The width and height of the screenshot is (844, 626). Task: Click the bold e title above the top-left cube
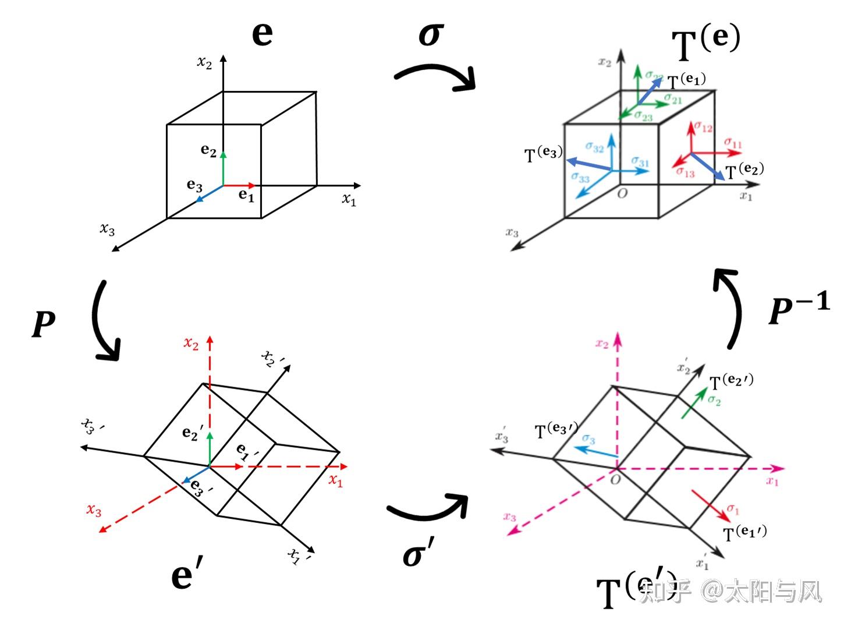point(263,33)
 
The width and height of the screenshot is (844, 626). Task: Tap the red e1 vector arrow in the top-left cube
point(239,186)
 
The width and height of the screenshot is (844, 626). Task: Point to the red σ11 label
point(733,143)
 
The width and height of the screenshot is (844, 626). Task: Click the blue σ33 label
point(580,178)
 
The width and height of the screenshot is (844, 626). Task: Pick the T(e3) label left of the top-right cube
point(543,154)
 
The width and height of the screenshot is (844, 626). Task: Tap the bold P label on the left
point(44,324)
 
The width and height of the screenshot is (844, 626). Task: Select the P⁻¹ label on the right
point(798,309)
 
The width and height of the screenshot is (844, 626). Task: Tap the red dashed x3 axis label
point(94,510)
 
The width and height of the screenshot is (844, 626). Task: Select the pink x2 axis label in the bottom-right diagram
point(602,344)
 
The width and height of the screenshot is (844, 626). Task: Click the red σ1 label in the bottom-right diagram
point(733,510)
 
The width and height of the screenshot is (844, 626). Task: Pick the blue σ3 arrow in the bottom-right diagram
point(595,451)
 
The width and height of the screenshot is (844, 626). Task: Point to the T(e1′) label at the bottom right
point(744,533)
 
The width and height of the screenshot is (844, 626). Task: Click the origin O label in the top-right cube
point(622,193)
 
